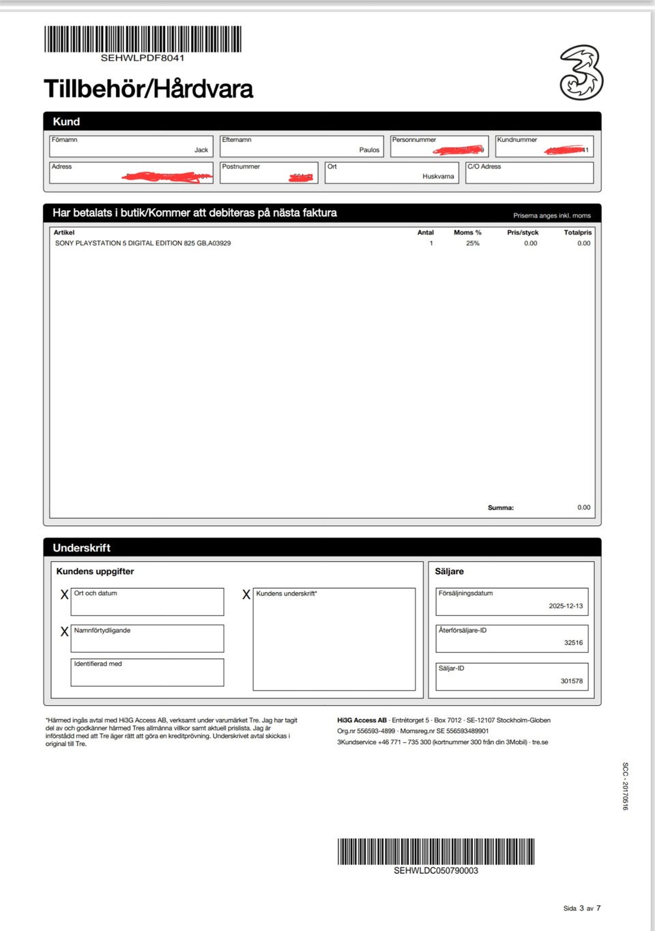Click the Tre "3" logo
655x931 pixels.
click(581, 72)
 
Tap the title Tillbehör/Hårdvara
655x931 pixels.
click(148, 89)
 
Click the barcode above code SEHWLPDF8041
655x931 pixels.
click(143, 39)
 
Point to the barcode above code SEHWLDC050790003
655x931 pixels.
click(435, 851)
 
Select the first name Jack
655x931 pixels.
click(201, 150)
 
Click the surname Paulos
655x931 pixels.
click(369, 150)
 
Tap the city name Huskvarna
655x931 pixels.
click(438, 176)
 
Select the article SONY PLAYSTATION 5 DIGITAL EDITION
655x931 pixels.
click(143, 243)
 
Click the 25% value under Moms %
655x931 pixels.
click(472, 243)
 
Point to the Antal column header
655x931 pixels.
click(425, 233)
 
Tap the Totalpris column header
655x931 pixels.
click(577, 233)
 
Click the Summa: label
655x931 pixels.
click(500, 507)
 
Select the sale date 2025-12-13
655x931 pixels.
click(566, 606)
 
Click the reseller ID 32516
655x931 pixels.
click(573, 642)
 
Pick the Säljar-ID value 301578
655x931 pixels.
click(572, 681)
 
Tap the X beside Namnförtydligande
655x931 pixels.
click(64, 632)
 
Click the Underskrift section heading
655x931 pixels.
click(81, 548)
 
